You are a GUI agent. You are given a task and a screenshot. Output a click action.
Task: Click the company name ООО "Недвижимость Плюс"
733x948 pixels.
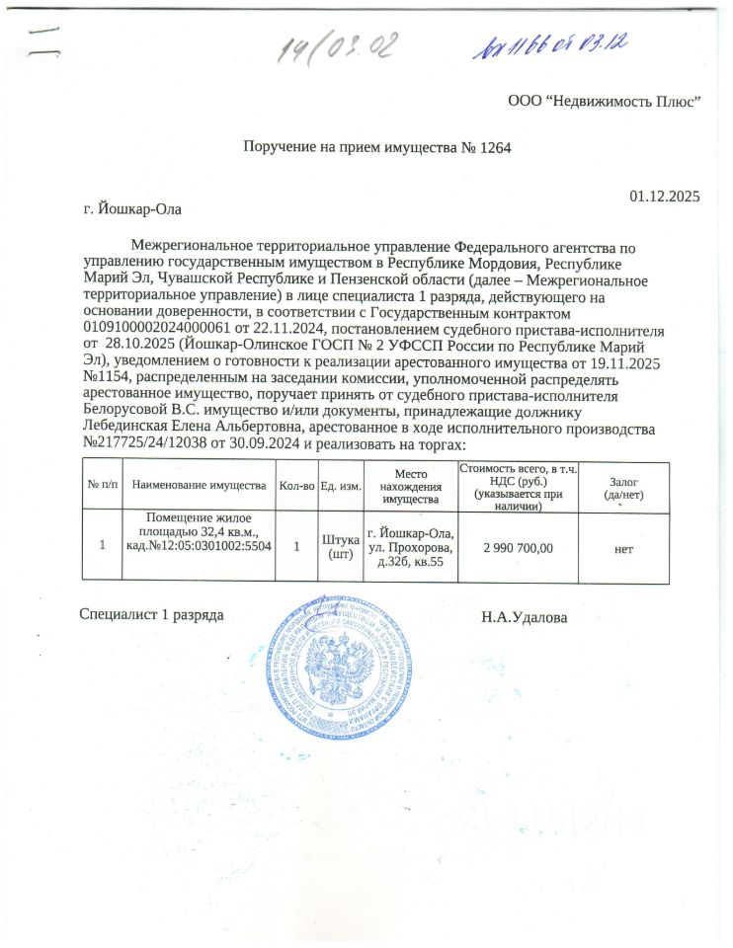pos(604,101)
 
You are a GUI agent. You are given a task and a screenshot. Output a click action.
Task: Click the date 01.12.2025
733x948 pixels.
pos(664,196)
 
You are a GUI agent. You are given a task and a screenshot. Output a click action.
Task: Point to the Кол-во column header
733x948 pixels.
pos(296,486)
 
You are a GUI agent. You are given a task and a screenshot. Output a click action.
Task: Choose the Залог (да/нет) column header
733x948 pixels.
pos(622,486)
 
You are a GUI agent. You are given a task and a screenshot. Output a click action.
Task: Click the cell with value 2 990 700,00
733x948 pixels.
pos(518,546)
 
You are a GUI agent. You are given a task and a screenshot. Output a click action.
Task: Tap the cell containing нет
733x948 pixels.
pos(622,546)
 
